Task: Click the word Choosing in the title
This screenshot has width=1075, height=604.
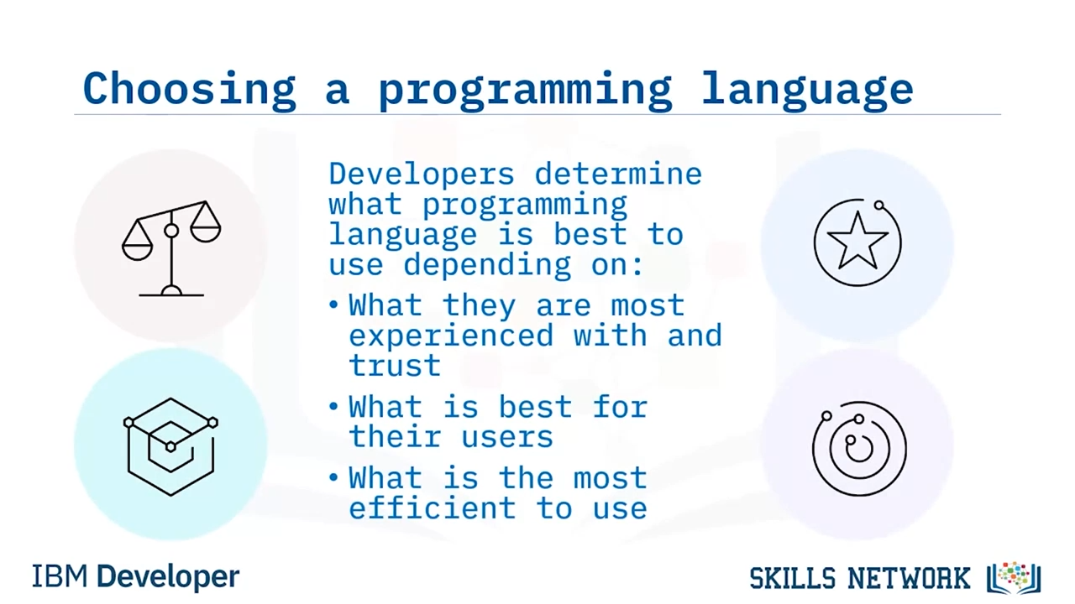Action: pos(190,90)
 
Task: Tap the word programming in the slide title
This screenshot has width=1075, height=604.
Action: pos(525,91)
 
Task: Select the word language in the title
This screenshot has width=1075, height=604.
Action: pos(807,91)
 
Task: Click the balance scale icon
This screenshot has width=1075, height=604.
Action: pos(171,248)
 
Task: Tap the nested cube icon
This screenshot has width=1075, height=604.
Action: pos(170,447)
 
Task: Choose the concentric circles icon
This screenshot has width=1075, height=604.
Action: pos(859,448)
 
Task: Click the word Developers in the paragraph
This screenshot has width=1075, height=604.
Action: pos(422,174)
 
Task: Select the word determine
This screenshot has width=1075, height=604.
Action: pos(618,174)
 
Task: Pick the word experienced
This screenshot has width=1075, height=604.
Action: pos(451,336)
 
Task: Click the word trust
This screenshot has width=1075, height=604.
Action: pos(395,365)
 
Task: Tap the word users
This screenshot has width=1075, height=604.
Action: pos(506,437)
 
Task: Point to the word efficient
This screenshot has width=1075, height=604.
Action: pos(433,508)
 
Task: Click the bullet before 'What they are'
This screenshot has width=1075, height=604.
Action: pos(334,305)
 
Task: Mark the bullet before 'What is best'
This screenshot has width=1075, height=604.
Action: pos(334,407)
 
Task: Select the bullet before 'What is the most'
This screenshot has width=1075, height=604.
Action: pos(334,477)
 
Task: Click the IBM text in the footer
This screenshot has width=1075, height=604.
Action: pos(60,576)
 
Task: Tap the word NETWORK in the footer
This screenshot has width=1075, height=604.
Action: pos(909,578)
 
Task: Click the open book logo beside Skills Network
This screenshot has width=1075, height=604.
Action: pos(1014,578)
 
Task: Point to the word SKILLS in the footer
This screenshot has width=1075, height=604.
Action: pos(793,578)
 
